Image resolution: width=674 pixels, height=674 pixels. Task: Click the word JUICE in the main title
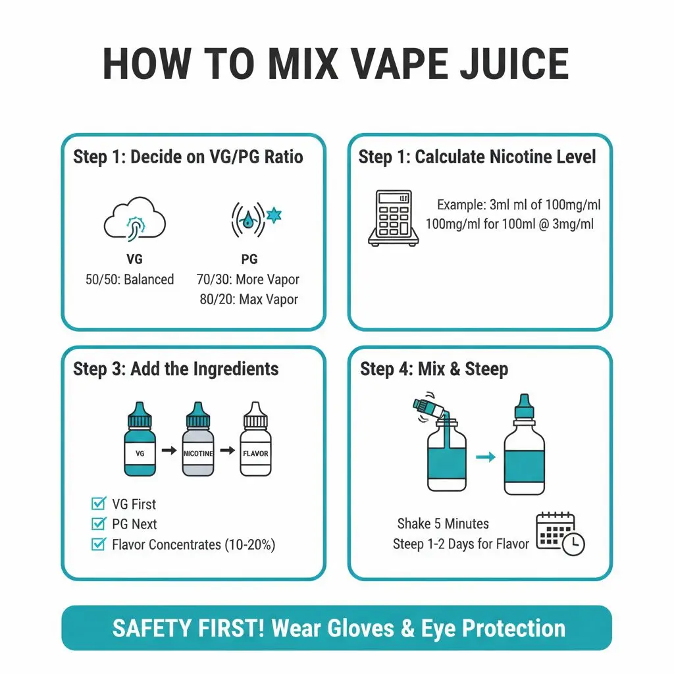point(502,64)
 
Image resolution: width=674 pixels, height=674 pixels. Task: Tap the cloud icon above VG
point(134,220)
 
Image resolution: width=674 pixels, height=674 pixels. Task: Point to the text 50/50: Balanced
point(130,279)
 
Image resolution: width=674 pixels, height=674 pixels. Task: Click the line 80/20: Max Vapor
point(249,299)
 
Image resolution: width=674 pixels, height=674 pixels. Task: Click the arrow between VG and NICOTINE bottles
point(168,450)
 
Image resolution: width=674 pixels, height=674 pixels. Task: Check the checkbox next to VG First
point(98,504)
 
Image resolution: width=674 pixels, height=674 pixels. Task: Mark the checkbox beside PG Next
point(98,524)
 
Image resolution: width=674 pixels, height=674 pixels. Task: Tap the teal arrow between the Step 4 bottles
point(485,457)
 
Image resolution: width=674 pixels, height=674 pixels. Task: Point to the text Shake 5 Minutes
point(443,524)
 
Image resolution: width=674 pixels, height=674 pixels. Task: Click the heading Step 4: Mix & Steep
point(434,369)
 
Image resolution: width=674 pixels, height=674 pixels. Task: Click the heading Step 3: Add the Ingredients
point(176,369)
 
